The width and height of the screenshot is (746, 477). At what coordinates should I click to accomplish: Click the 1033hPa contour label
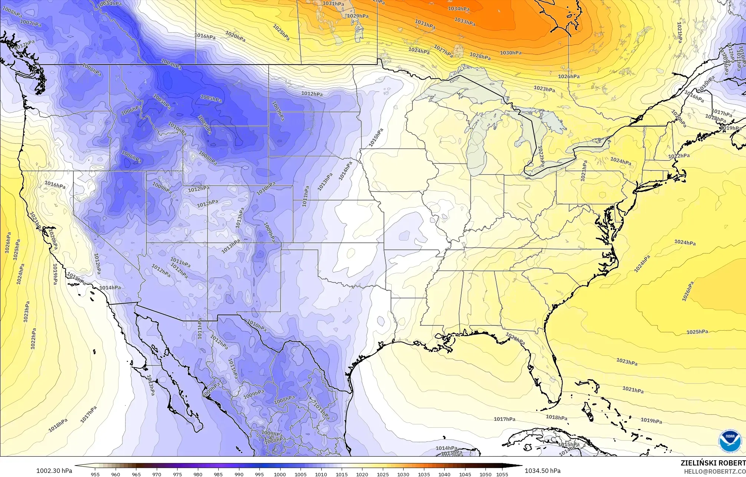464,21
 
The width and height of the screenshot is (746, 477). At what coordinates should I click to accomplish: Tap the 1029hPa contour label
358,16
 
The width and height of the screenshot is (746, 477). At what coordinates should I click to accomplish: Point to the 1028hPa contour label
480,56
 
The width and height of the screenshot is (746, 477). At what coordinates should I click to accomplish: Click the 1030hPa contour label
510,53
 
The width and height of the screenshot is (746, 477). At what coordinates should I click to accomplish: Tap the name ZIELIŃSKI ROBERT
713,463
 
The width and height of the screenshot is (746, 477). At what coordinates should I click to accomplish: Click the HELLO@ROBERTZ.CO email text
714,471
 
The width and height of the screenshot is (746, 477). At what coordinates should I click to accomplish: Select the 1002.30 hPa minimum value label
54,471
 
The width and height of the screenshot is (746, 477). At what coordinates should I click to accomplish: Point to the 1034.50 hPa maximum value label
543,471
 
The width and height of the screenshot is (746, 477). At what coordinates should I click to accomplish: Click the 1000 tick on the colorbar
279,474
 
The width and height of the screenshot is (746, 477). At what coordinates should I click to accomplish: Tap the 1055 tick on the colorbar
502,474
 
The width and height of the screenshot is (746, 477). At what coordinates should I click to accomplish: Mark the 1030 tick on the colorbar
403,474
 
